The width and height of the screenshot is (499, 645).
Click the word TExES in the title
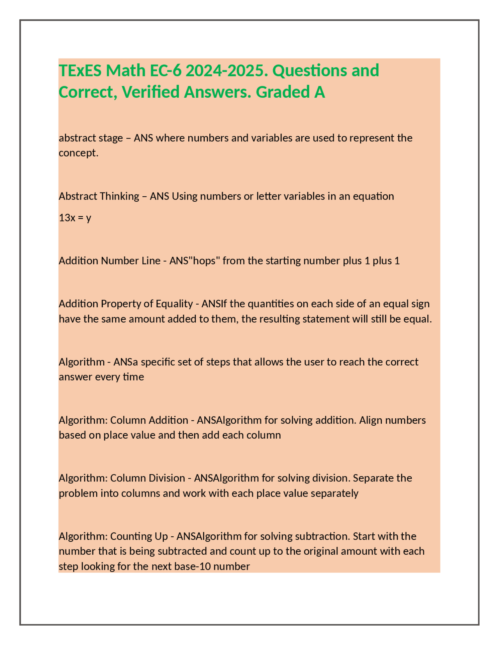point(80,71)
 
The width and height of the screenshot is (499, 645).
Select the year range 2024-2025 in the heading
point(226,71)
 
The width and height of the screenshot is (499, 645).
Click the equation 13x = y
point(75,218)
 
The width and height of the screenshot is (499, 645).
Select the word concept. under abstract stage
point(78,153)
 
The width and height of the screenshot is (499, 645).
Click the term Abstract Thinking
point(99,196)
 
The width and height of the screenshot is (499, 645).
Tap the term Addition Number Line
point(110,261)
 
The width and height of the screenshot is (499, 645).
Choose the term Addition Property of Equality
point(126,304)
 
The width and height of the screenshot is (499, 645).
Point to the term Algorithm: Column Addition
point(123,420)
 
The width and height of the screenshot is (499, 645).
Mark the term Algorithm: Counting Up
point(113,536)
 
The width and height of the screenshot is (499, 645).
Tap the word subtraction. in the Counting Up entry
point(322,536)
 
